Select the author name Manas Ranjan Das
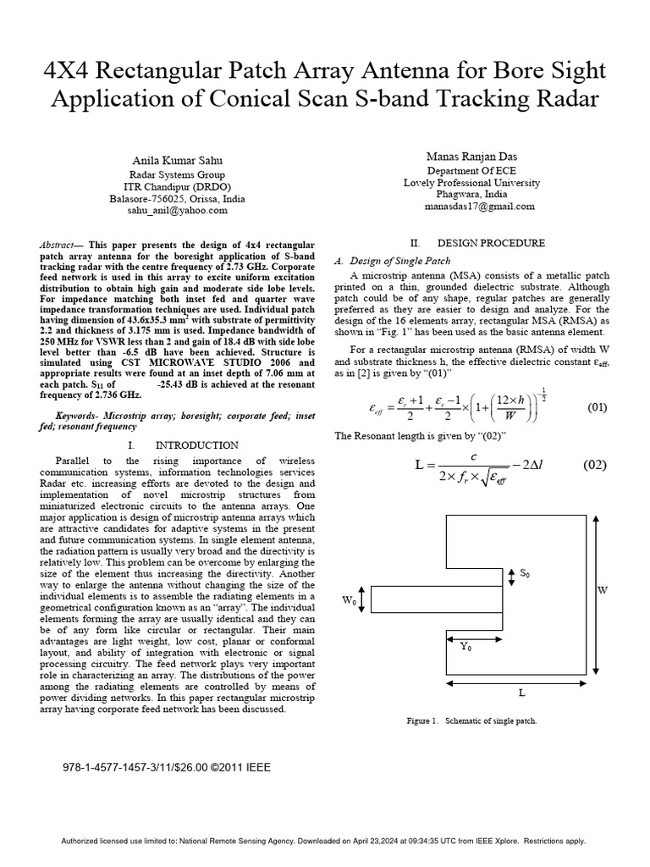(471, 156)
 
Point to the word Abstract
(57, 243)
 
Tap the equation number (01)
(598, 407)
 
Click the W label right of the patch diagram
(603, 590)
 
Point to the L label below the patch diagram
(521, 692)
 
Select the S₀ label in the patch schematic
(526, 574)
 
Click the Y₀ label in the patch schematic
(466, 646)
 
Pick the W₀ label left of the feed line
(348, 599)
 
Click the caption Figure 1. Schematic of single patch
(472, 721)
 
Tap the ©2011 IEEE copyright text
(246, 768)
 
